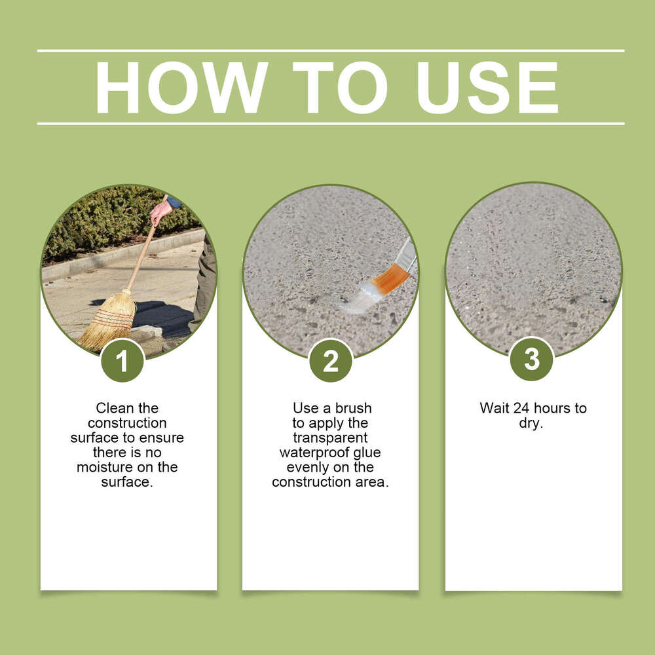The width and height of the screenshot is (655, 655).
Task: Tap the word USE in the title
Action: pos(487,88)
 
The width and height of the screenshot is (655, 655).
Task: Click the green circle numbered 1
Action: pos(122,361)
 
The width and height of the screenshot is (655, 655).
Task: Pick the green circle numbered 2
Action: pos(331,361)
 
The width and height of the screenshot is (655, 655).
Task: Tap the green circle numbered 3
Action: pos(532,359)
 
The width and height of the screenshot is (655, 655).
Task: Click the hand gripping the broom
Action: pos(159,210)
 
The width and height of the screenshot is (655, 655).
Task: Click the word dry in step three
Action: pos(531,423)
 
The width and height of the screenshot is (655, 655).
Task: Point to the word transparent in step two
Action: pos(330,438)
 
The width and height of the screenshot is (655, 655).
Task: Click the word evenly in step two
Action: pos(308,467)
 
